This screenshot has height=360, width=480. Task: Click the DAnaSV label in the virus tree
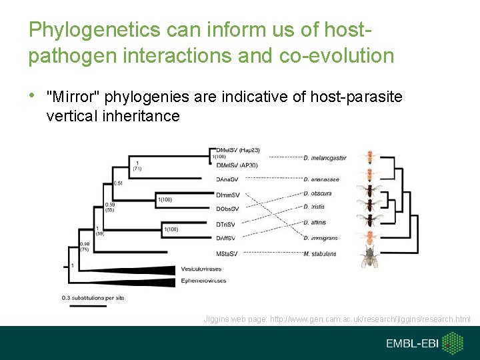(x=227, y=179)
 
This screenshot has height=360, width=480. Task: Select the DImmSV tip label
(x=228, y=195)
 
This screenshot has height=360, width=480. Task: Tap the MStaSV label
(x=227, y=254)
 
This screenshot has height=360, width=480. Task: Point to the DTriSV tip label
(x=226, y=224)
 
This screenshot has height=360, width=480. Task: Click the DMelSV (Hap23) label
(x=238, y=150)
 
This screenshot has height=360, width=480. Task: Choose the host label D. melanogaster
(x=325, y=158)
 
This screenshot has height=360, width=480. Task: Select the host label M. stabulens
(x=320, y=254)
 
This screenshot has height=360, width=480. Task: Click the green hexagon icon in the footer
(x=453, y=343)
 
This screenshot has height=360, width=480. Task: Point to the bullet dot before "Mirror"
(x=32, y=97)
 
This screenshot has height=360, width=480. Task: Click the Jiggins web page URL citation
(x=337, y=319)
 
